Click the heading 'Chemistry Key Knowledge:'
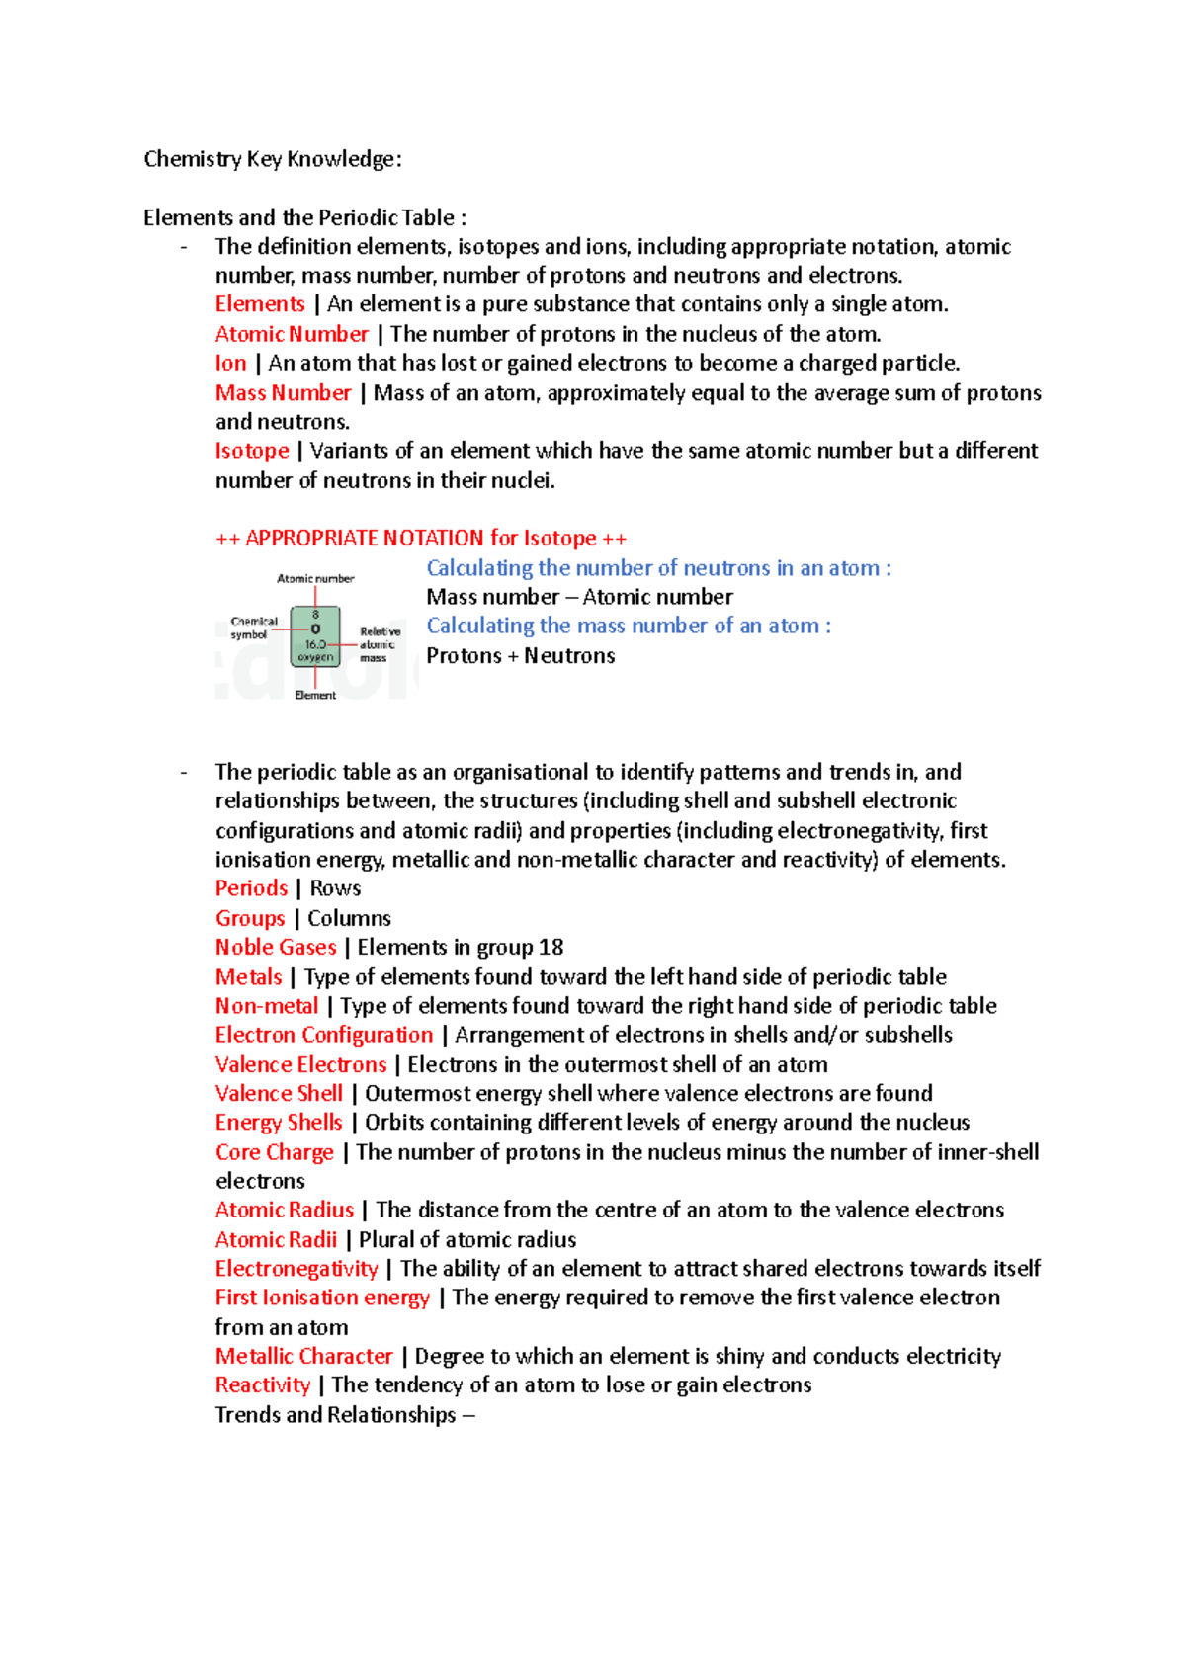click(x=272, y=159)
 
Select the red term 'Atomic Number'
click(x=292, y=334)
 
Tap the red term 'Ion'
click(x=230, y=363)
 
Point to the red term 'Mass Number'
click(x=283, y=392)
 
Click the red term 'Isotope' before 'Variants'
click(x=252, y=451)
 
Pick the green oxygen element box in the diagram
click(x=315, y=636)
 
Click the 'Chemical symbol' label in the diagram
click(x=253, y=629)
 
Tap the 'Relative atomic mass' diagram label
click(x=380, y=644)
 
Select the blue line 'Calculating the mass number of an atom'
click(x=628, y=626)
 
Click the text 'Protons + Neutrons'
click(x=520, y=655)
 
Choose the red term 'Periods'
click(x=251, y=888)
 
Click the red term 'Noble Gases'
click(x=276, y=947)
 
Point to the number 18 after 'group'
click(x=551, y=947)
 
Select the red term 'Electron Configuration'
click(x=324, y=1035)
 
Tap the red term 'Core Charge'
click(x=275, y=1152)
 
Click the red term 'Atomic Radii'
click(x=276, y=1239)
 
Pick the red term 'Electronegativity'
click(x=296, y=1269)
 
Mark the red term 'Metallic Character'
click(x=304, y=1356)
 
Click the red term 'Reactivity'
click(x=263, y=1385)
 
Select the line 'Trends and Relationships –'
click(x=345, y=1415)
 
